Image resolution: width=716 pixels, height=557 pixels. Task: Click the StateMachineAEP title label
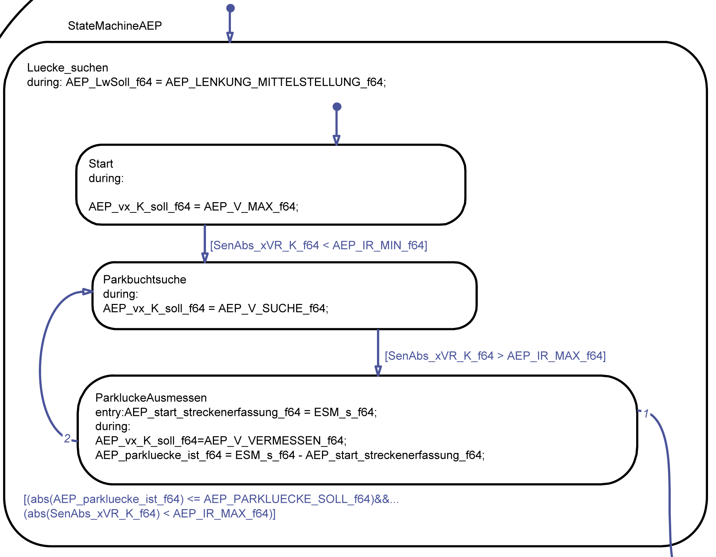pyautogui.click(x=115, y=26)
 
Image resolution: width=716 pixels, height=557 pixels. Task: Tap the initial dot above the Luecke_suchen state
pyautogui.click(x=230, y=8)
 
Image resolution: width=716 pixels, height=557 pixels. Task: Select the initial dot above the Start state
pyautogui.click(x=337, y=107)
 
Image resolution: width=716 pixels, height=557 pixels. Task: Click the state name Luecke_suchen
pyautogui.click(x=68, y=68)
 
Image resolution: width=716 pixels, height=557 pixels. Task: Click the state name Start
pyautogui.click(x=101, y=164)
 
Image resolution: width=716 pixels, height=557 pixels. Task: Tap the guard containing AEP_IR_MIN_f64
pyautogui.click(x=318, y=245)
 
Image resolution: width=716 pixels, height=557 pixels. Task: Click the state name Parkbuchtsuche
pyautogui.click(x=144, y=279)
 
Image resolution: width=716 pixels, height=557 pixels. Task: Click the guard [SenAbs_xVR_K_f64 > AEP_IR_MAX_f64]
pyautogui.click(x=495, y=356)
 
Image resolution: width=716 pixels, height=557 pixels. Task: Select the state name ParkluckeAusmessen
pyautogui.click(x=151, y=398)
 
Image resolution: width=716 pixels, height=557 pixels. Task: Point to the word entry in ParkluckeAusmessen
pyautogui.click(x=109, y=412)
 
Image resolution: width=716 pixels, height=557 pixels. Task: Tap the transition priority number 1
pyautogui.click(x=646, y=413)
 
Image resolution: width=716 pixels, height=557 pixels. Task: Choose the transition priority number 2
pyautogui.click(x=67, y=438)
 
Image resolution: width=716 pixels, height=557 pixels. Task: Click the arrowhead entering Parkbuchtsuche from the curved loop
pyautogui.click(x=88, y=292)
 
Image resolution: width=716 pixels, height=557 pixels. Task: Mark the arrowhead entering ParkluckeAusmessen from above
pyautogui.click(x=378, y=370)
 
